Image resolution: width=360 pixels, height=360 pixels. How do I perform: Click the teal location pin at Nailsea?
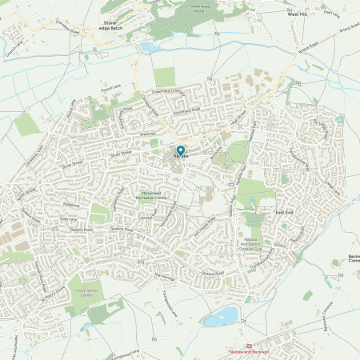(180, 150)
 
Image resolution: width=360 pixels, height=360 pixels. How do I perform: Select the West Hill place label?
(298, 14)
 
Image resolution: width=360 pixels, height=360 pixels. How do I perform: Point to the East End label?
(285, 212)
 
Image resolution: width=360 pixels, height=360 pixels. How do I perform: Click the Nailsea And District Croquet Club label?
(254, 238)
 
